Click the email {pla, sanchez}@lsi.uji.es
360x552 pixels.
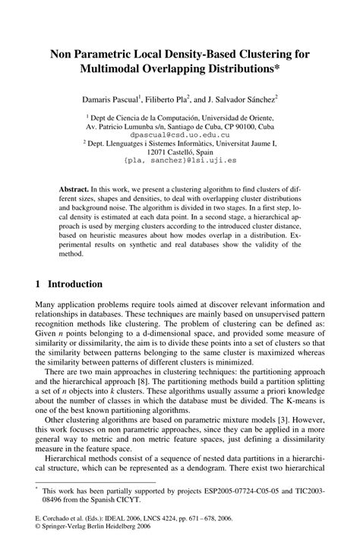click(x=180, y=161)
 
